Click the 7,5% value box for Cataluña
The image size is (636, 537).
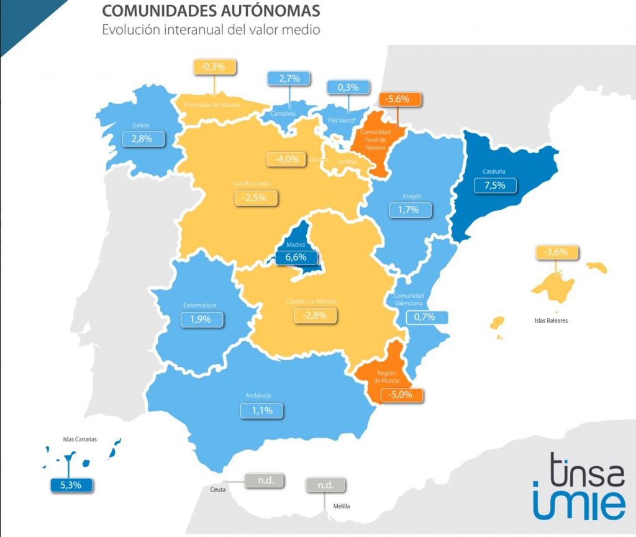coord(495,186)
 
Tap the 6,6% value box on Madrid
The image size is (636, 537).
coord(296,257)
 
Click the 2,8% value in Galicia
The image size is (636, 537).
coord(145,138)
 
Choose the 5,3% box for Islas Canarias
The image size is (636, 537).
coord(71,484)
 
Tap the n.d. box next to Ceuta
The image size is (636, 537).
coord(264,480)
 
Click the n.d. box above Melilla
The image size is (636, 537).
coord(326,485)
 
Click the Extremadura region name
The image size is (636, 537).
coord(200,305)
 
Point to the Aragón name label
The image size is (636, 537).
coord(411,196)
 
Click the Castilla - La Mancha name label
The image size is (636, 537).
coord(311,301)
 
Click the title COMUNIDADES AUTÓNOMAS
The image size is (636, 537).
coord(211,11)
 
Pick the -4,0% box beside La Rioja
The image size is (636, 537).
coord(288,159)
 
